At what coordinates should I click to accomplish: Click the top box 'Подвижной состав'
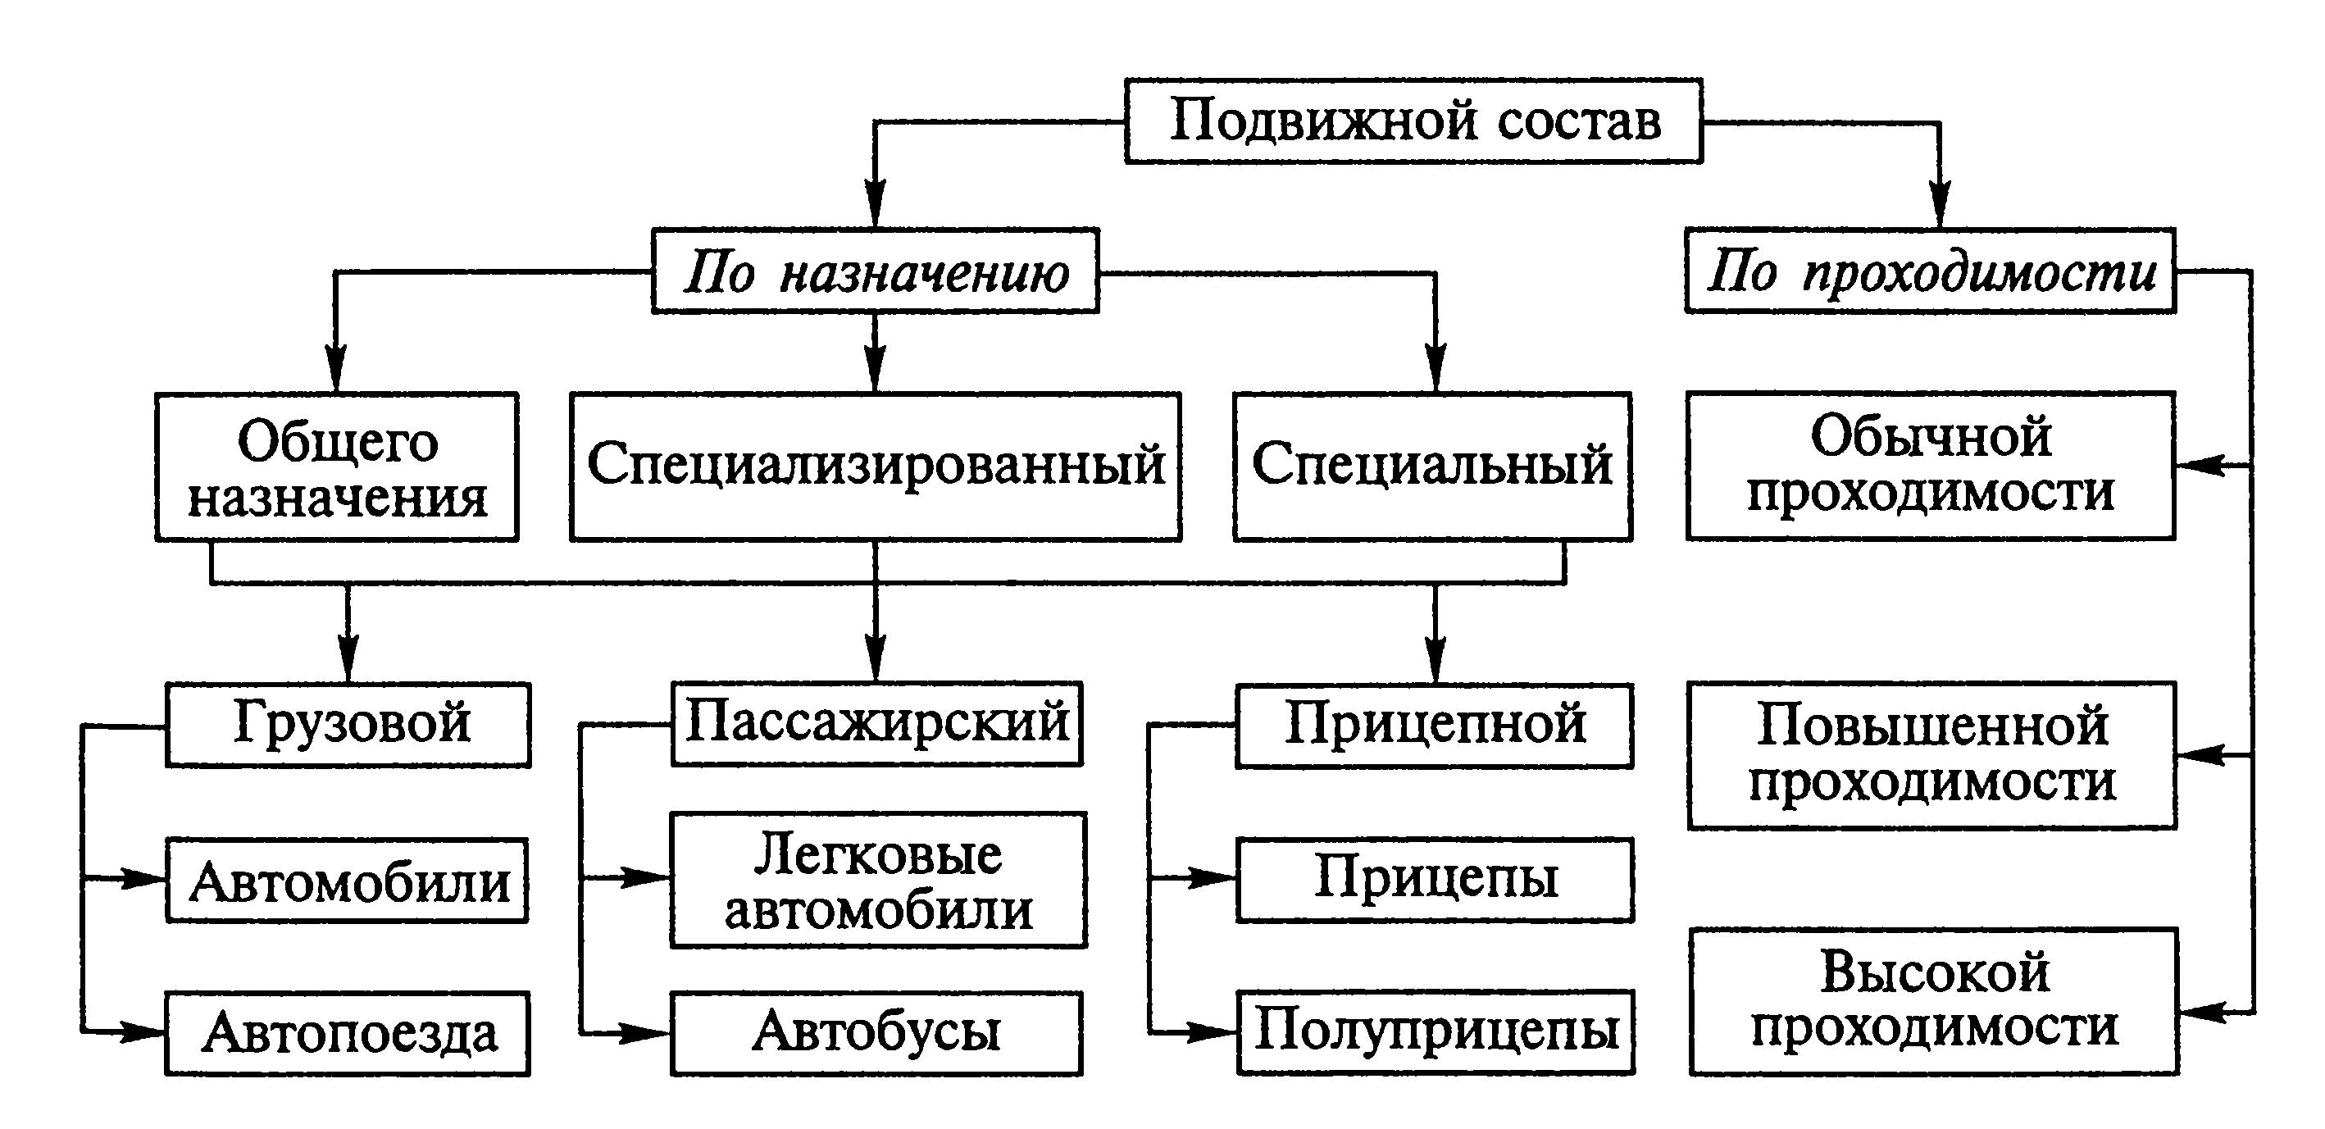point(1413,121)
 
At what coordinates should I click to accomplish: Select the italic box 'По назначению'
point(875,271)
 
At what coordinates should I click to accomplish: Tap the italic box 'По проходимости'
point(1930,271)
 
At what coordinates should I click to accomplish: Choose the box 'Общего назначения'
point(337,467)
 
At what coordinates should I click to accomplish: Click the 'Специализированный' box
point(876,467)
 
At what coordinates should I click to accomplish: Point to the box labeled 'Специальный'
point(1432,467)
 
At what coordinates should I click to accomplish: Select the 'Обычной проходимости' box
point(1931,467)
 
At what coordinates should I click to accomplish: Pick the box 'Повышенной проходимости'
point(1931,755)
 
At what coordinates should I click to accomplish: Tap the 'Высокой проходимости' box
point(1933,1002)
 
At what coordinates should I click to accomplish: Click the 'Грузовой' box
point(348,725)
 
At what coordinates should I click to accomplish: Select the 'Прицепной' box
point(1434,726)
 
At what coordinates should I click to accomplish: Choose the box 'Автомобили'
point(348,881)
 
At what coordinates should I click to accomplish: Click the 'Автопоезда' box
point(348,1033)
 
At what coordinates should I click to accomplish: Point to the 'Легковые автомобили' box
point(878,881)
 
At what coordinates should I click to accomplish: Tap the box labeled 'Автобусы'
point(876,1033)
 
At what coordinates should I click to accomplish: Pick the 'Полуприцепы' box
point(1435,1032)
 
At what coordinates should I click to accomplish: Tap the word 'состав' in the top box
point(1580,121)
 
